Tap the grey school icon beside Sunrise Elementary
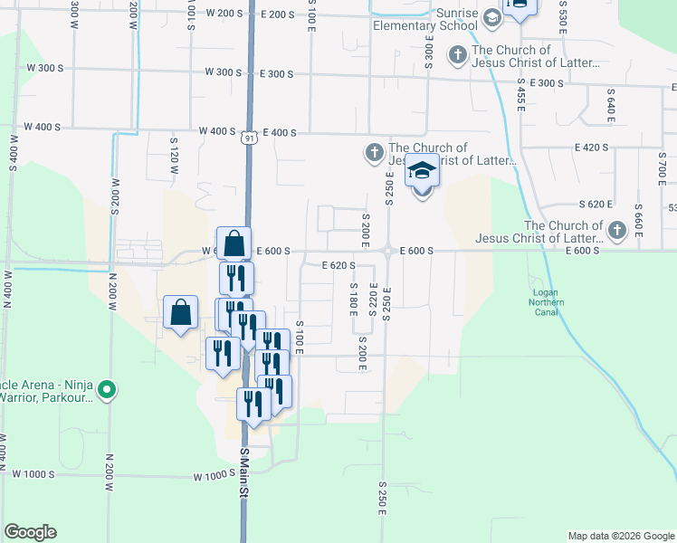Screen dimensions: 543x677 (491, 16)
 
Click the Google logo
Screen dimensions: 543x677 (30, 532)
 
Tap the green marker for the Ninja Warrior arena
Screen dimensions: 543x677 (107, 391)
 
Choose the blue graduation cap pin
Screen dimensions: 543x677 (422, 172)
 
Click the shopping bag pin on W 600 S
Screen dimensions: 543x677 (234, 243)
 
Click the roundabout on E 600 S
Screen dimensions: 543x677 (386, 252)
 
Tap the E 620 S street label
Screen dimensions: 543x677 (338, 265)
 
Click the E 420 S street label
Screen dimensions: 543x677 (591, 147)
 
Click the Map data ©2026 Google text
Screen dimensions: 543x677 (620, 536)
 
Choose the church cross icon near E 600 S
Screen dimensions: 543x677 (617, 230)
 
